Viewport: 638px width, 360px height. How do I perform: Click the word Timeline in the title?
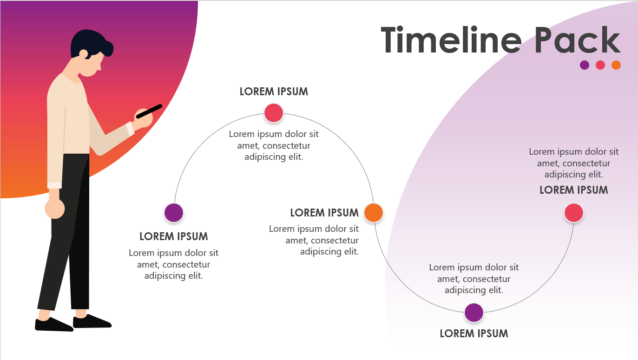[451, 40]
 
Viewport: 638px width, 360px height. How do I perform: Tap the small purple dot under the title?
[585, 65]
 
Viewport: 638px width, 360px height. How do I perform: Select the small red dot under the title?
[600, 65]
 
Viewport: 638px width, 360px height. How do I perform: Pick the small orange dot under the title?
[616, 65]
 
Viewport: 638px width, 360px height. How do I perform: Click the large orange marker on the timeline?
[374, 213]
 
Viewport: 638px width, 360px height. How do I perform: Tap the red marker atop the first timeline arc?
[274, 113]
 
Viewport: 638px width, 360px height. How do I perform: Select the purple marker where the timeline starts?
[174, 213]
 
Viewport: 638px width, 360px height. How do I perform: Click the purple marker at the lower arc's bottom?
[474, 313]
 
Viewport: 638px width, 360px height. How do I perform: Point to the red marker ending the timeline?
[574, 213]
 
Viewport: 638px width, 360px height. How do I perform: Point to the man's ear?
[84, 54]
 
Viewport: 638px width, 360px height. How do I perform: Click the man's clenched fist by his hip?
[55, 209]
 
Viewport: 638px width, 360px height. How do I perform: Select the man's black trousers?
[70, 232]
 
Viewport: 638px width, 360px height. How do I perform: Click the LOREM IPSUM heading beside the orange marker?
[324, 213]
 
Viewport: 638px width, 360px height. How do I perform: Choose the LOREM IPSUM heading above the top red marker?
[274, 92]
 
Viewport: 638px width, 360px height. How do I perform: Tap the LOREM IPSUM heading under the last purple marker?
[474, 333]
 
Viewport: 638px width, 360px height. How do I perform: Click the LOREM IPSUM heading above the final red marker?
[573, 190]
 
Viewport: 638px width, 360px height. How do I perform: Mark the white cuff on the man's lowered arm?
[54, 185]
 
